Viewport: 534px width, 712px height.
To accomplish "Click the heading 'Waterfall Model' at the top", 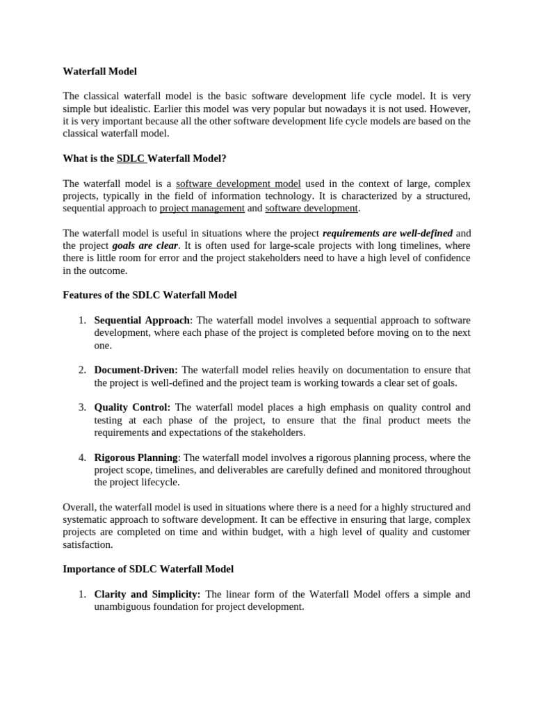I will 99,71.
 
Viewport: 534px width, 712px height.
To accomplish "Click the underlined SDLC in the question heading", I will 130,159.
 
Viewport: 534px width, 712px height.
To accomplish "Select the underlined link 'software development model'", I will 238,184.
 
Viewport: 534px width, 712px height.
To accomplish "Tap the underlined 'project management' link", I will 202,208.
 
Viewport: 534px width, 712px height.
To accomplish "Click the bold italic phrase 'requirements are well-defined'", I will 387,233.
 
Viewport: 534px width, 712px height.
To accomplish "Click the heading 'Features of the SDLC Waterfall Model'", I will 149,296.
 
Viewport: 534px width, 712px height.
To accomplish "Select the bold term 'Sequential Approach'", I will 142,321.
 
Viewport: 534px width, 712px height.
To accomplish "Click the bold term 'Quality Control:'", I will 132,407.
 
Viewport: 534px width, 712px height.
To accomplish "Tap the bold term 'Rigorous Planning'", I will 136,458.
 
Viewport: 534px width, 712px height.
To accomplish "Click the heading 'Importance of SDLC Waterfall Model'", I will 148,569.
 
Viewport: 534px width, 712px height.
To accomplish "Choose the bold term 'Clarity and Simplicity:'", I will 147,594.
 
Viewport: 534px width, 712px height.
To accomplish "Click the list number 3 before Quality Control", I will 82,407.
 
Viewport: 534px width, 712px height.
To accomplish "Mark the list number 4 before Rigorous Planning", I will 82,458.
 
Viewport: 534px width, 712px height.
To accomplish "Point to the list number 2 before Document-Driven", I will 82,370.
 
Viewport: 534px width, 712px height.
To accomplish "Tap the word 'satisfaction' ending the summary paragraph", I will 87,544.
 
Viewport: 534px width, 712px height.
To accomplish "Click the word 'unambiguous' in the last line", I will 122,606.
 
